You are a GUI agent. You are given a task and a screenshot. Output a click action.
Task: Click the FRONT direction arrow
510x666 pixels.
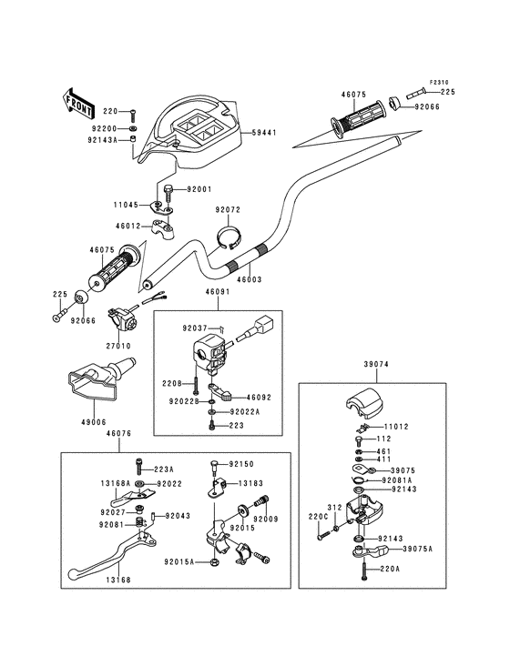[x=79, y=103]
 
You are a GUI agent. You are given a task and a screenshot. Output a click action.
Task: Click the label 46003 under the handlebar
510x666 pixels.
[x=249, y=279]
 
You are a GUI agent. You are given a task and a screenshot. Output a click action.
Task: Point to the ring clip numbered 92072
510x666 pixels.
[x=229, y=237]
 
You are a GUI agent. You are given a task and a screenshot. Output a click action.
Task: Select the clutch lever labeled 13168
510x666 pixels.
[x=111, y=556]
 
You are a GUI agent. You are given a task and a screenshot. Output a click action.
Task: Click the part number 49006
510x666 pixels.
[x=93, y=422]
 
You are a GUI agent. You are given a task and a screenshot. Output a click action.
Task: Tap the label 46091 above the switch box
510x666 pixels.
[x=218, y=292]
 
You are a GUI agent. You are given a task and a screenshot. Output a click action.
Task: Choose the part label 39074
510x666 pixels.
[x=376, y=364]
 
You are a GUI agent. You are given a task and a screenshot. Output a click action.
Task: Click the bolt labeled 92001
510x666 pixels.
[x=167, y=194]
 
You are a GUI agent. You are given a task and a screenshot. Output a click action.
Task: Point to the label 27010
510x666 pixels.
[x=118, y=346]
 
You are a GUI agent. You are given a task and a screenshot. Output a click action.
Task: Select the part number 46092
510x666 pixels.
[x=259, y=398]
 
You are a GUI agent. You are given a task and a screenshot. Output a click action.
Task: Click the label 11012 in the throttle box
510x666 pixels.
[x=395, y=427]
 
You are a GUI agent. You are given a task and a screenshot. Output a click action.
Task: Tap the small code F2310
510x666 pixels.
[x=439, y=82]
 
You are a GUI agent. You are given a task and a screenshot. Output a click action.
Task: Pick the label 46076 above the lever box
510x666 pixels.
[x=118, y=434]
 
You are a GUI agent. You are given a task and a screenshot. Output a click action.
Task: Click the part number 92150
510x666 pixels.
[x=241, y=464]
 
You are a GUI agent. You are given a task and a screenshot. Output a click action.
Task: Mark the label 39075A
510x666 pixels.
[x=417, y=549]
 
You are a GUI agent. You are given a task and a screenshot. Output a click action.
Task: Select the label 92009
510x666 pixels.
[x=266, y=519]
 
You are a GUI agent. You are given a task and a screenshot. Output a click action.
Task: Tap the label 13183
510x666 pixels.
[x=250, y=483]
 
